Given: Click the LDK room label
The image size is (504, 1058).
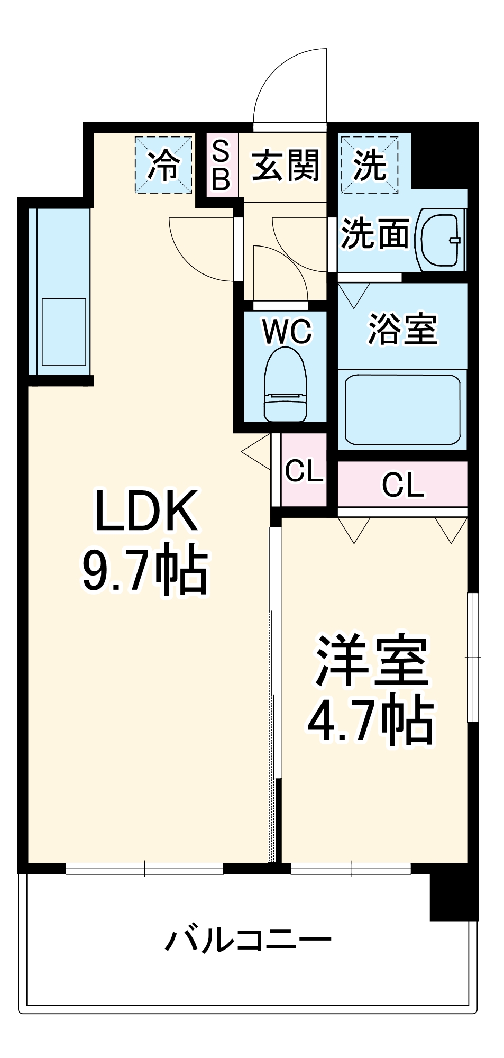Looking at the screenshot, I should click(x=146, y=511).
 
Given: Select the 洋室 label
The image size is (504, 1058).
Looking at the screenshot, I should click(x=372, y=661).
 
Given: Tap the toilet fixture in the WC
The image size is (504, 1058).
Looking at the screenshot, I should click(x=286, y=385).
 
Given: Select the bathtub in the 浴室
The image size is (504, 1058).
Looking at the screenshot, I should click(x=402, y=410).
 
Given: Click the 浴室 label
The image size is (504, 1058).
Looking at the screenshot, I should click(x=403, y=329).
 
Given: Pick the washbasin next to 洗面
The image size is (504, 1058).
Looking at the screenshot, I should click(x=440, y=240).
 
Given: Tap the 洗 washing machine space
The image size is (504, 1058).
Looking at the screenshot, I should click(x=369, y=165).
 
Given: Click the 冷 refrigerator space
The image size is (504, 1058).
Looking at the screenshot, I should click(x=163, y=165).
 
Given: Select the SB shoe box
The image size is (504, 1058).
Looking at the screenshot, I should click(x=221, y=165).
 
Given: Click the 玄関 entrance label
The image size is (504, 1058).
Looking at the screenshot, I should click(x=286, y=165).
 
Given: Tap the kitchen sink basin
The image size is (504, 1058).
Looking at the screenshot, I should click(x=64, y=332).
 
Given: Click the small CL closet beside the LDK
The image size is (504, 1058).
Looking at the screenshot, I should click(x=304, y=470).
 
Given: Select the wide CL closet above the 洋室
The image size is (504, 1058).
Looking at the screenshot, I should click(x=402, y=484).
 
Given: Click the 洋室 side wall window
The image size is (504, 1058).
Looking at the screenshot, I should click(x=473, y=657).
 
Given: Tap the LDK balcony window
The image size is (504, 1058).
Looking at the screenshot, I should click(x=144, y=868).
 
